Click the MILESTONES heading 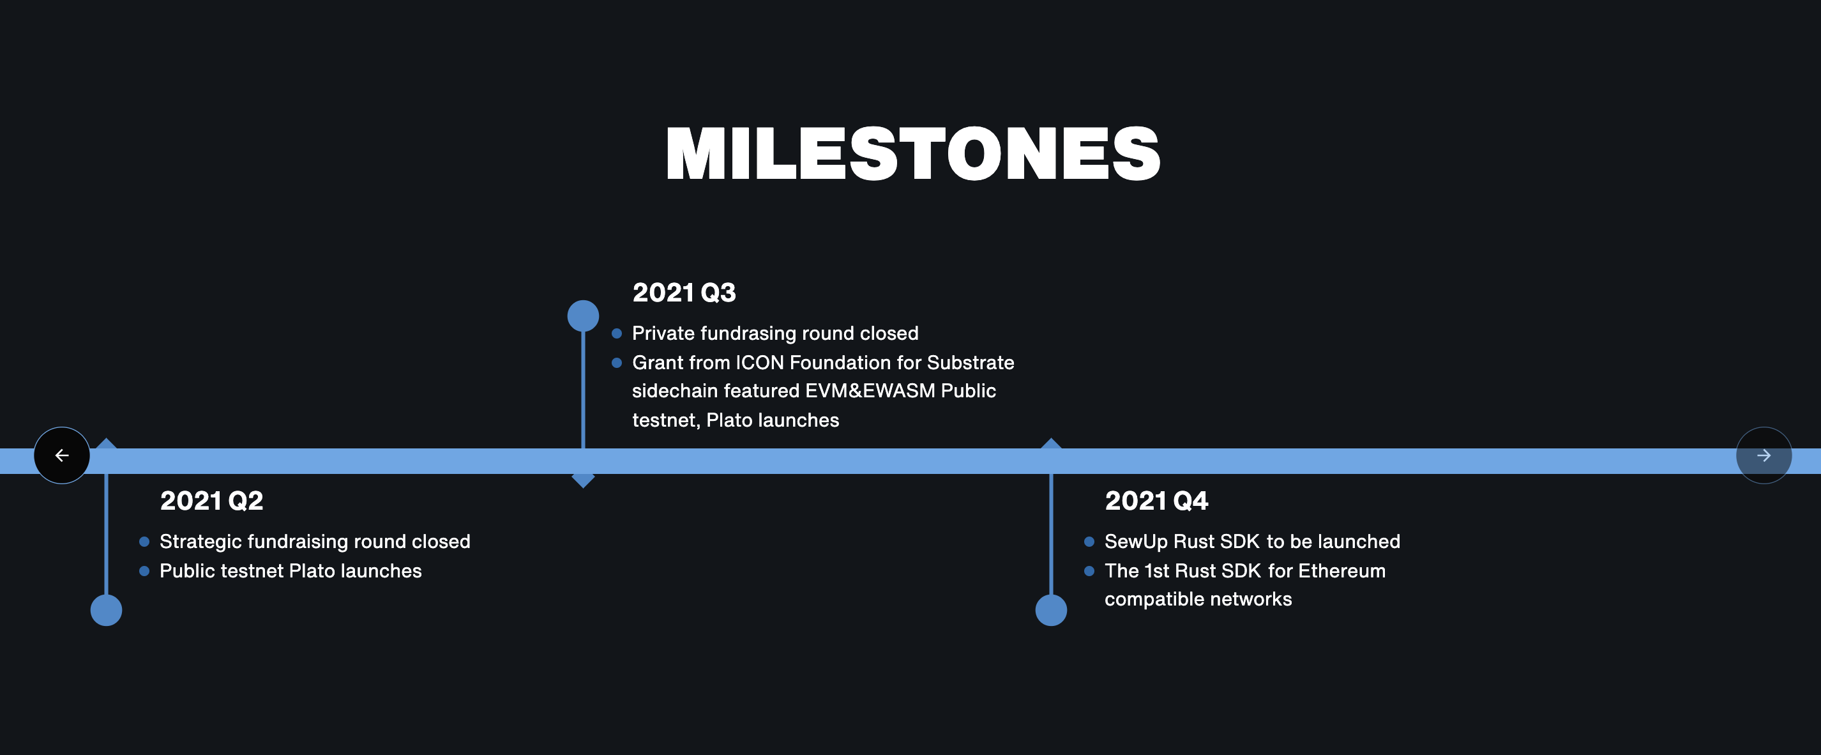(x=912, y=154)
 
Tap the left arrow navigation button (x=62, y=455)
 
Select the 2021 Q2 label (x=211, y=501)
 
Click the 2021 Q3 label (x=684, y=293)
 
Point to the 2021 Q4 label (x=1156, y=501)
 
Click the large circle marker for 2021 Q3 (x=583, y=316)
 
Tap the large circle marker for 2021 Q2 (x=106, y=610)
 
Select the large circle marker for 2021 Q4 (x=1051, y=610)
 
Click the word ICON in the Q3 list (x=760, y=363)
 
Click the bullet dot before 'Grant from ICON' (x=616, y=363)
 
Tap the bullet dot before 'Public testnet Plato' (x=144, y=571)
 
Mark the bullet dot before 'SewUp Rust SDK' (x=1089, y=542)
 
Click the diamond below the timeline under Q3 (x=583, y=481)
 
